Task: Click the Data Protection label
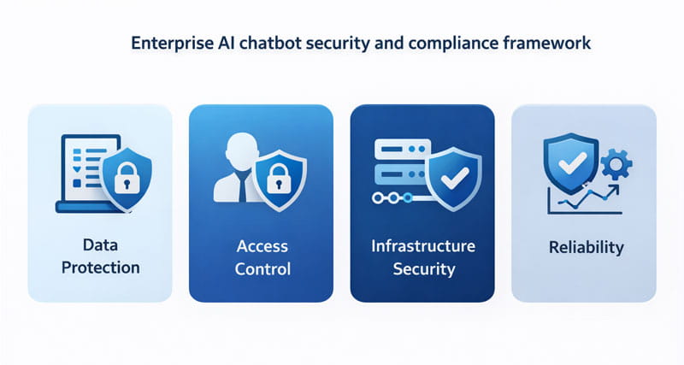[x=100, y=256]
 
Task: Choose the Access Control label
[x=262, y=257]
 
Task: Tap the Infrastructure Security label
[x=423, y=257]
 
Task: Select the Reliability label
[x=587, y=247]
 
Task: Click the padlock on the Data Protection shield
[x=127, y=178]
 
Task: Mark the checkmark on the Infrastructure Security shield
[x=455, y=179]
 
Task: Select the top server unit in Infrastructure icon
[x=402, y=150]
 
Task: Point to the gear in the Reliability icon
[x=616, y=164]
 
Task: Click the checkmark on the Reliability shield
[x=572, y=163]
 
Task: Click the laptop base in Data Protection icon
[x=91, y=207]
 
